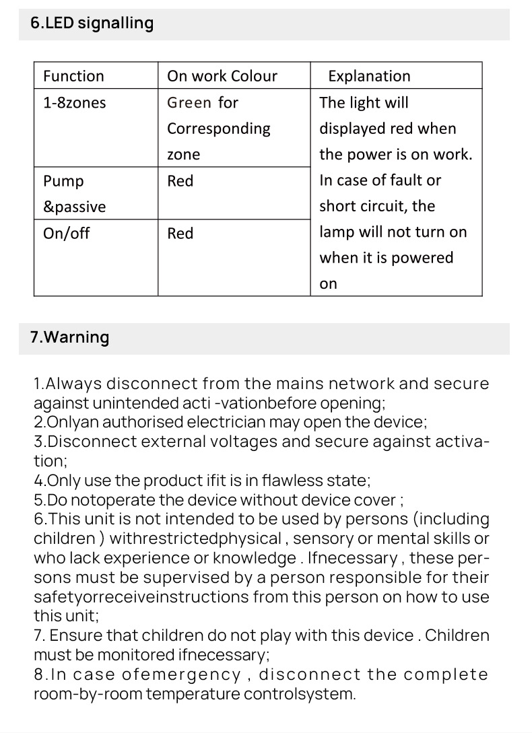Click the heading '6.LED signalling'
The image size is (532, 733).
point(92,23)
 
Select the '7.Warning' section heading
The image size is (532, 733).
point(70,337)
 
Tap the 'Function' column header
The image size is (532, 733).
point(73,76)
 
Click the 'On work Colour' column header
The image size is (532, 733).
point(222,76)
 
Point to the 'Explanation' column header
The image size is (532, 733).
point(369,76)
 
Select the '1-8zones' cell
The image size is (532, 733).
point(74,102)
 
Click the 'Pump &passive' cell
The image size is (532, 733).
point(74,194)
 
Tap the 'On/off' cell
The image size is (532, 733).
point(67,233)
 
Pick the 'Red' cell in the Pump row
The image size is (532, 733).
point(180,181)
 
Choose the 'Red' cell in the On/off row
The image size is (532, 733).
point(180,234)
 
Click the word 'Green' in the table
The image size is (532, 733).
point(189,102)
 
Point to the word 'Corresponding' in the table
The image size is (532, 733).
point(218,129)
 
